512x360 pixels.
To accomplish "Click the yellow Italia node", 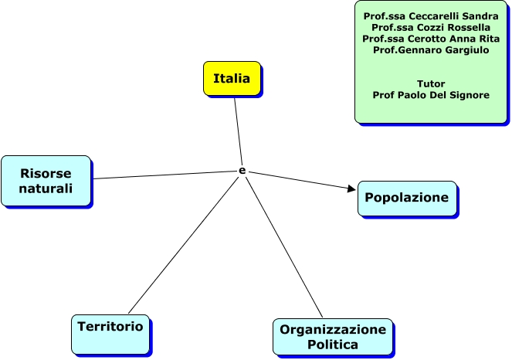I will click(232, 79).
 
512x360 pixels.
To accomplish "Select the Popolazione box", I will click(406, 198).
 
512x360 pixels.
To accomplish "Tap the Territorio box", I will click(110, 328).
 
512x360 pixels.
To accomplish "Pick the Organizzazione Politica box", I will click(332, 337).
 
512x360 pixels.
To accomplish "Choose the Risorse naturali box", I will click(46, 181).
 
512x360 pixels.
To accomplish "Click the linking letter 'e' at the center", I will click(242, 170).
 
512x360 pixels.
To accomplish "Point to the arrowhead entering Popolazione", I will click(351, 188).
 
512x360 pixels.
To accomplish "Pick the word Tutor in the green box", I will click(430, 83).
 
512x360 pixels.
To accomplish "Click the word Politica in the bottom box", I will click(333, 345).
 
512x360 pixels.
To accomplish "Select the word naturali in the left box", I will click(46, 188).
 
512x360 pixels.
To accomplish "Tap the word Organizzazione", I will click(333, 330).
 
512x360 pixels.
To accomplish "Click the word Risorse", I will click(46, 173).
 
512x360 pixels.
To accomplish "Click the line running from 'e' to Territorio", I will click(184, 244).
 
